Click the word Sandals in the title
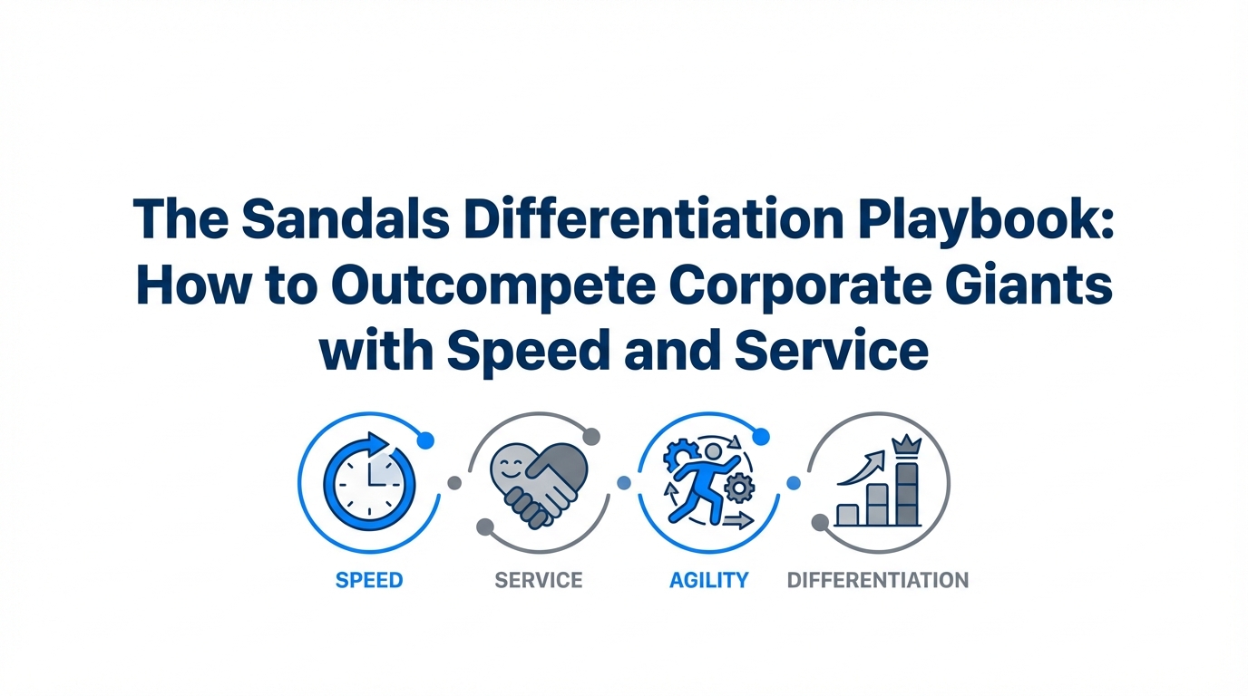(346, 218)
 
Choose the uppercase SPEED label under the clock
(369, 580)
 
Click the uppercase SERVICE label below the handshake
(539, 580)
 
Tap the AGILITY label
(708, 580)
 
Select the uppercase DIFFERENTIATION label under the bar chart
(878, 580)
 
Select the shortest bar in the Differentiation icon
(847, 515)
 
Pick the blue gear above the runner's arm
(680, 455)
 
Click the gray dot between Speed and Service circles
(454, 483)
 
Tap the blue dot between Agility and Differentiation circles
(794, 483)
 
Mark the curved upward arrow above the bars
(862, 469)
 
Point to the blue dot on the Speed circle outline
(425, 440)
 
